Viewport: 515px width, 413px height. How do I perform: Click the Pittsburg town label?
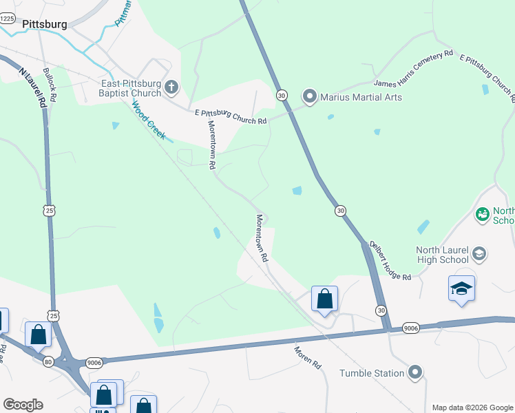(45, 24)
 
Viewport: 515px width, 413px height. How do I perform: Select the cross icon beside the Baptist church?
(171, 87)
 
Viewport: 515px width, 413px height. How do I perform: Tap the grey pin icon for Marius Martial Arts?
(310, 96)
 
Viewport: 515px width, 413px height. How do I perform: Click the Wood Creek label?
(149, 120)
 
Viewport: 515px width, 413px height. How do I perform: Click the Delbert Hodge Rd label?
(390, 260)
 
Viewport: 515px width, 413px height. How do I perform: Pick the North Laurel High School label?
(442, 255)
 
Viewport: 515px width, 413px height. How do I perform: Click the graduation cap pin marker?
(461, 289)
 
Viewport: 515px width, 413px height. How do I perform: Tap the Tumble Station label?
(372, 373)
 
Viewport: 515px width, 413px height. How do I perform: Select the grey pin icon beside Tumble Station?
(414, 373)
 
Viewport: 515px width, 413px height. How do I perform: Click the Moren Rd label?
(308, 357)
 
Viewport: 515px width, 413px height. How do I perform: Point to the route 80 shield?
(48, 361)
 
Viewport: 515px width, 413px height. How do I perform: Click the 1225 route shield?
(7, 19)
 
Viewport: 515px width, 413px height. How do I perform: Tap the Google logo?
(23, 405)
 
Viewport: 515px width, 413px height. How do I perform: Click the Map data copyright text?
(472, 407)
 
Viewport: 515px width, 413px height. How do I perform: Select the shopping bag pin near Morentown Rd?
(324, 299)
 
